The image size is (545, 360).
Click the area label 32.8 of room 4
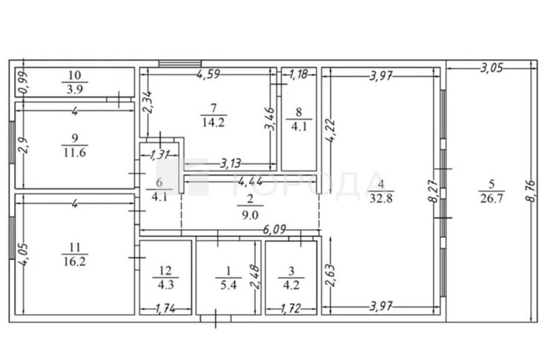coord(381,199)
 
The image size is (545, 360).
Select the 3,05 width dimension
coord(491,68)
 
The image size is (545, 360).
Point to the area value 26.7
coord(491,199)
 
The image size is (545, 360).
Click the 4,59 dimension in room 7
coord(208,74)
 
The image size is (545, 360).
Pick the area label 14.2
coord(213,123)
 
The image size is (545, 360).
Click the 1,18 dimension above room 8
coord(299,74)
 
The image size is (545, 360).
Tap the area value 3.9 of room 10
coord(75,90)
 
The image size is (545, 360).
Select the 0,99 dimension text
coord(24,82)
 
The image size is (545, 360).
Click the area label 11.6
coord(75,152)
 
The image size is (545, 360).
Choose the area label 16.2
coord(75,261)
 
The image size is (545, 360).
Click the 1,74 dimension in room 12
coord(165,308)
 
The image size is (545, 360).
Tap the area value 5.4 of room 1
coord(228,285)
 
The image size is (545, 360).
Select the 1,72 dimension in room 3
coord(291,308)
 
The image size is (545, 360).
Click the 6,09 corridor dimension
coord(274,229)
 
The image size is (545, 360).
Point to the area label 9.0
coord(250,215)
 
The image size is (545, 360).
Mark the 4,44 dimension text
coord(250,181)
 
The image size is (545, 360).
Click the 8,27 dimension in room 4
coord(434,191)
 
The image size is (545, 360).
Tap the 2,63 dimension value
coord(330,275)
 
